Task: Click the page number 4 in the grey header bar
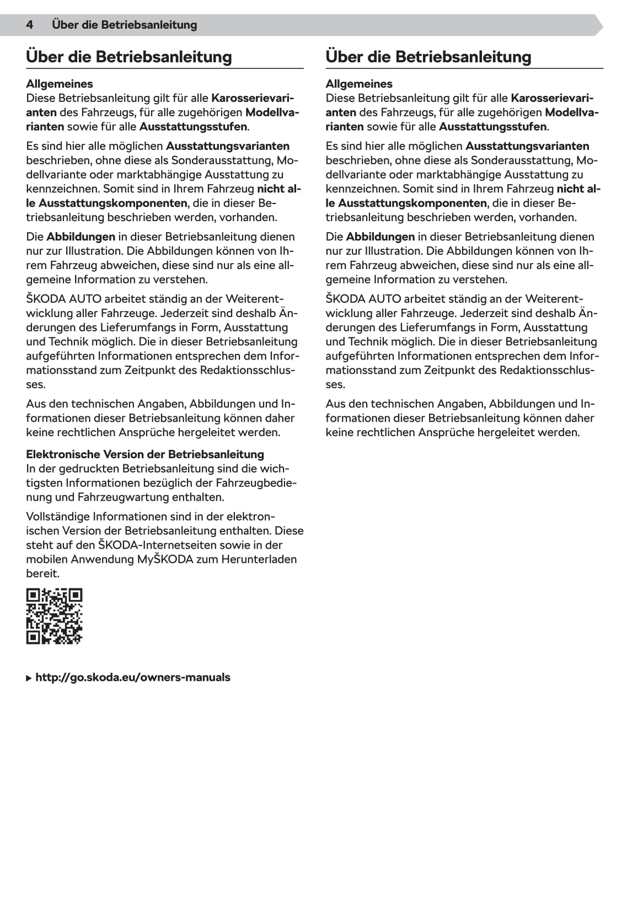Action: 30,25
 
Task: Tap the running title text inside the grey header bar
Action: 124,25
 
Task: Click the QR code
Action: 54,616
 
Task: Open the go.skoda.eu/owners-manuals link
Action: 133,677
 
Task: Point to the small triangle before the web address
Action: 29,678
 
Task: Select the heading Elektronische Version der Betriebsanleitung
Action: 145,454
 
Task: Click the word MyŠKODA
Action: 165,559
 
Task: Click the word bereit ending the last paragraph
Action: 41,573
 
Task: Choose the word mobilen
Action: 46,559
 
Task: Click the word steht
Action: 39,545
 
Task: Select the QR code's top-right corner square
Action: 75,596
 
